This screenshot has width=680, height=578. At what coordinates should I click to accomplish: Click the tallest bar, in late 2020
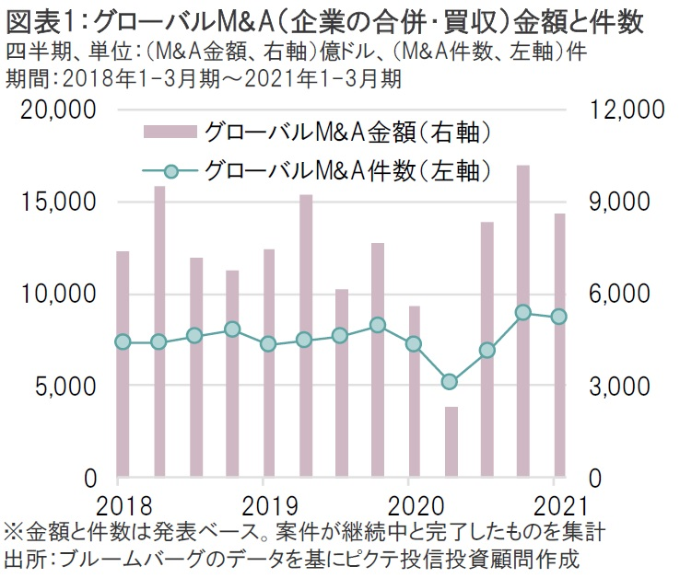[x=522, y=321]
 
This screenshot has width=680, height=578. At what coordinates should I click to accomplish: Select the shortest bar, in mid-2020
[x=451, y=442]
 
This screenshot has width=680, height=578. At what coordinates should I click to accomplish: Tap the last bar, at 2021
[x=558, y=346]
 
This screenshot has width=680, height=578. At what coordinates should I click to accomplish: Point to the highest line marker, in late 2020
[x=522, y=313]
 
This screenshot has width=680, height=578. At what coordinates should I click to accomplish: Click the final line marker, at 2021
[x=558, y=318]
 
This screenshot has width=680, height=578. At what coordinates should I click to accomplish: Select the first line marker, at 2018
[x=123, y=341]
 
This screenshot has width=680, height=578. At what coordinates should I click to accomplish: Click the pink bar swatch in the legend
[x=172, y=132]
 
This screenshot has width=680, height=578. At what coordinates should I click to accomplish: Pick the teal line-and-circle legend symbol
[x=172, y=171]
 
